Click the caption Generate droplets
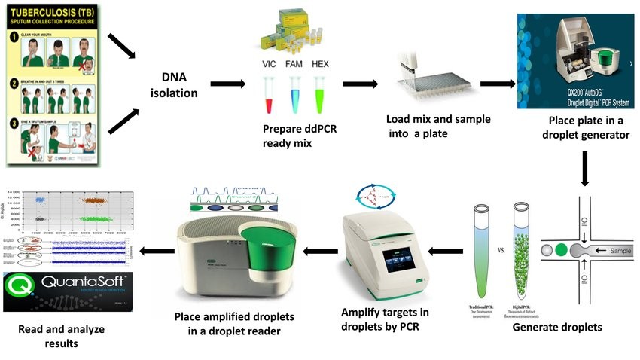(x=557, y=327)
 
